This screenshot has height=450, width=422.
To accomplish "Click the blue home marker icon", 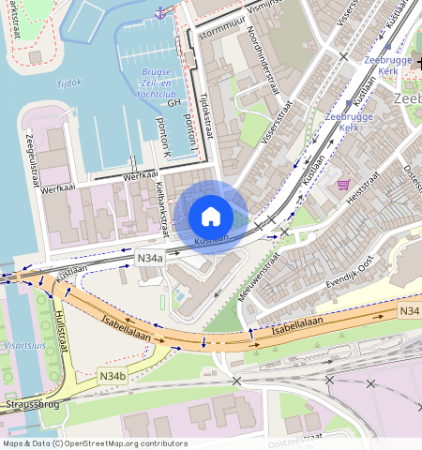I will point(211,217).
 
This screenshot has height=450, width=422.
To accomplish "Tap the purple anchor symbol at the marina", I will point(160,11).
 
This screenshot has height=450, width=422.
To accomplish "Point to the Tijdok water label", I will point(69,82).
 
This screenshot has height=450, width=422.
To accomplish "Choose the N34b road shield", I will point(112,377).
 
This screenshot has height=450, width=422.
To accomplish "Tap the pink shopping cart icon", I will point(343,185).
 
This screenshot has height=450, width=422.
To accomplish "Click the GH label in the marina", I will point(173,105).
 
